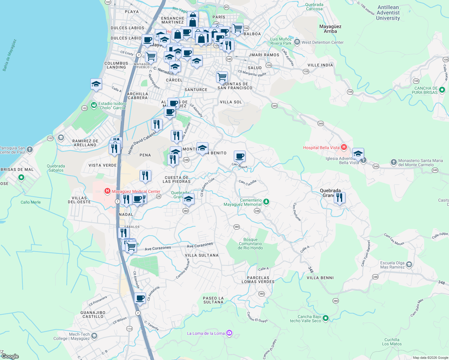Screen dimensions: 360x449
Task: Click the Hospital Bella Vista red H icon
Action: tap(344, 147)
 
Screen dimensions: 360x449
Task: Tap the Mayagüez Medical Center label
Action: tap(136, 191)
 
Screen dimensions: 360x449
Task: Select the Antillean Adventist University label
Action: tap(388, 13)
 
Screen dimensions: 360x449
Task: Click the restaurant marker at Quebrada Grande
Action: tap(339, 198)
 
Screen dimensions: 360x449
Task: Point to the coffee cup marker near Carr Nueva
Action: tap(240, 156)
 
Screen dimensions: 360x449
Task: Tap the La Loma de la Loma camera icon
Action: tap(229, 333)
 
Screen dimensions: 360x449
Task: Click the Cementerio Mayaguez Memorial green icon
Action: tap(266, 202)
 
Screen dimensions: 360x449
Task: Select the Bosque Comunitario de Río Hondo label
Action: tap(250, 244)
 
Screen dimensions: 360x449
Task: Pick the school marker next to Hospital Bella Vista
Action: tap(358, 154)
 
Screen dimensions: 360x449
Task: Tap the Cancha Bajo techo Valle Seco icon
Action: tap(326, 318)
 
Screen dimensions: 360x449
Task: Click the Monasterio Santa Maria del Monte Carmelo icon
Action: tap(393, 162)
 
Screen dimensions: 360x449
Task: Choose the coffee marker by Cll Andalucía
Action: tap(140, 298)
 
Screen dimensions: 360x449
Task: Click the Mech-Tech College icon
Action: tap(94, 336)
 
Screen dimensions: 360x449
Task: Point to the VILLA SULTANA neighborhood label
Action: tap(202, 255)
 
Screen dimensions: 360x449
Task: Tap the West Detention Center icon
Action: tap(297, 42)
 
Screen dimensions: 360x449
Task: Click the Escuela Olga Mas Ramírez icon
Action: tap(409, 265)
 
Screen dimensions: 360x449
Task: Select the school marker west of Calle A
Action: tap(96, 84)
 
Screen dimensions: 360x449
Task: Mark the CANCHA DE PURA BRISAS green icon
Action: tap(442, 90)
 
